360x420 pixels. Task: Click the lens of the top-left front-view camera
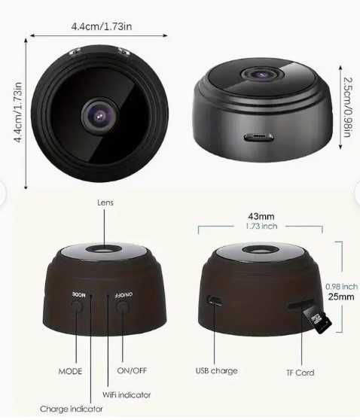100,117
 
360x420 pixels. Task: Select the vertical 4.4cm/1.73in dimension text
17,118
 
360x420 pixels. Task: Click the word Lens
105,202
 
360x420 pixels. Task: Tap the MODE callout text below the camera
71,371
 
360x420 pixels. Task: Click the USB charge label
216,371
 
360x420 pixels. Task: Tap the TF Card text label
301,373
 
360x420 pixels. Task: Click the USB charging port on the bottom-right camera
215,300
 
